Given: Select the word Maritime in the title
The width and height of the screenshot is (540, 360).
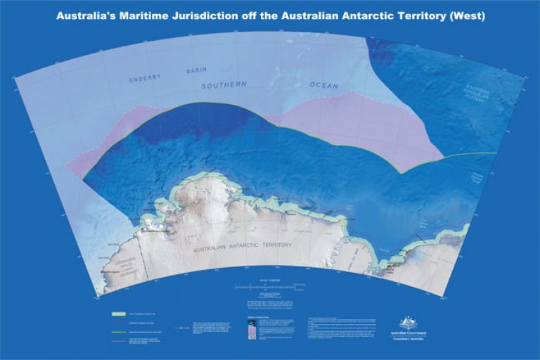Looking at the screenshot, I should tap(150, 15).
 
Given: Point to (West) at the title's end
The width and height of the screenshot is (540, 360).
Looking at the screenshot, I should tap(462, 15).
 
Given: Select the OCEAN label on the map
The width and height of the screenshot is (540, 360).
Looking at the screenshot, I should tap(323, 86).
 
